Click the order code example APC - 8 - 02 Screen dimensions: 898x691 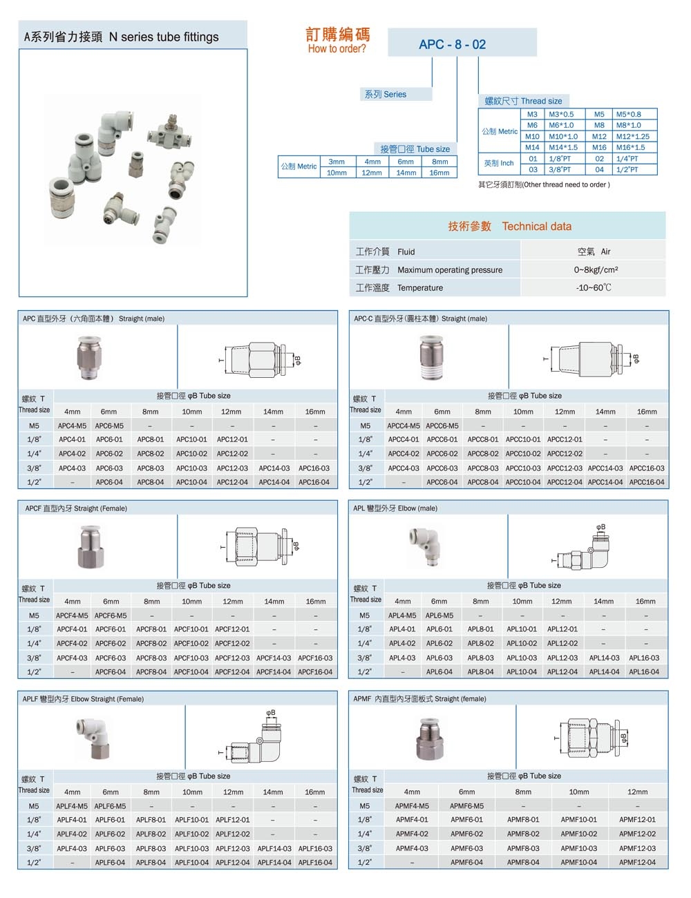[x=452, y=44]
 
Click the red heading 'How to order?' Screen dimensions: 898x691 [x=337, y=48]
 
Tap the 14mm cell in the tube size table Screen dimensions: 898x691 [x=406, y=173]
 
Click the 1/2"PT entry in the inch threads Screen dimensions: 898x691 [x=627, y=169]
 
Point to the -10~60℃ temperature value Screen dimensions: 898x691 [x=593, y=287]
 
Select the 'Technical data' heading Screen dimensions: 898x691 [x=536, y=226]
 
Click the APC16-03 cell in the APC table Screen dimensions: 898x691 [x=314, y=468]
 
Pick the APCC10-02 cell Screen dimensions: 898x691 [x=522, y=454]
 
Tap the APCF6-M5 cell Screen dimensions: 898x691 [x=111, y=615]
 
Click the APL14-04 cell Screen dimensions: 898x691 [x=604, y=671]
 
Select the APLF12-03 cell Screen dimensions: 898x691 [x=232, y=848]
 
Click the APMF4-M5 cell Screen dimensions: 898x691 [x=412, y=805]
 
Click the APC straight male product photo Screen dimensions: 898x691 [x=91, y=357]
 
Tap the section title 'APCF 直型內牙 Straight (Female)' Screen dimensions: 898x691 [x=76, y=508]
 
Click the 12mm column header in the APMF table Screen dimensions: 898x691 [x=637, y=792]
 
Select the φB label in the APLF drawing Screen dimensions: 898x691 [x=271, y=712]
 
